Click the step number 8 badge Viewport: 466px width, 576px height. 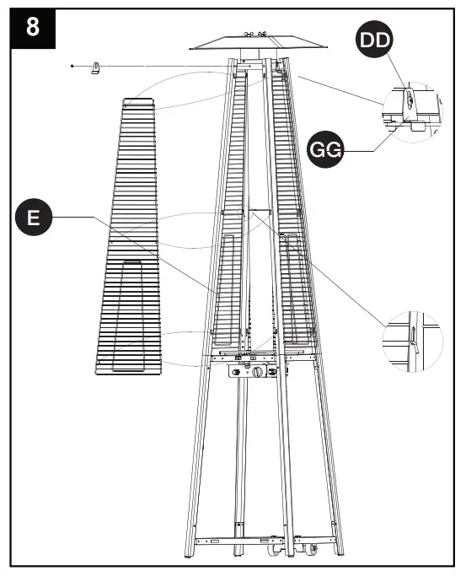tap(32, 26)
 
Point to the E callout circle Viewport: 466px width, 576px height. tap(33, 218)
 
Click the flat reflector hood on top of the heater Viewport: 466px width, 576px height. tap(253, 43)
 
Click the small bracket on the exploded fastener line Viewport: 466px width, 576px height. tap(95, 67)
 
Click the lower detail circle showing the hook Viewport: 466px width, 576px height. tap(411, 342)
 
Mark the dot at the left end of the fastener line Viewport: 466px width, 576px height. tap(73, 65)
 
